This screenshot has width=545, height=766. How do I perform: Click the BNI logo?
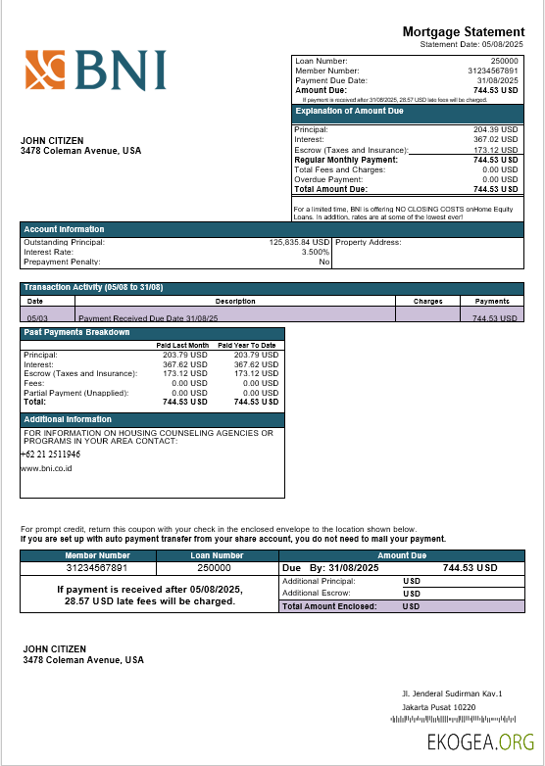[95, 71]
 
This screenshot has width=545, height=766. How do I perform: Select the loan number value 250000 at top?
[504, 61]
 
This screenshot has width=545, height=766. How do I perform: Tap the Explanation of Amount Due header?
[349, 111]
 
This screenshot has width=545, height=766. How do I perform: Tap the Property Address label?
[368, 242]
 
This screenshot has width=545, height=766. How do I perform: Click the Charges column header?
[427, 301]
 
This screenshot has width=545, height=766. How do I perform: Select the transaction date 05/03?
[36, 318]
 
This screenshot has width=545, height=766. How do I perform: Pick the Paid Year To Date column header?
[246, 345]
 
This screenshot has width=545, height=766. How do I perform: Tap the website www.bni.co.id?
[46, 468]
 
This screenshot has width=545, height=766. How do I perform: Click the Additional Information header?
[68, 419]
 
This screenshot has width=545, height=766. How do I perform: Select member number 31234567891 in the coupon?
[96, 568]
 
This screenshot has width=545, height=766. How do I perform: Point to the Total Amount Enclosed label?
[328, 606]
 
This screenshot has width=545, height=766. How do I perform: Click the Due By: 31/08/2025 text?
[330, 568]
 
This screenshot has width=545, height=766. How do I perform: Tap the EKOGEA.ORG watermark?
[480, 742]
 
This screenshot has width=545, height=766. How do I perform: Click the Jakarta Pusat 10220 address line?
[438, 707]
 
